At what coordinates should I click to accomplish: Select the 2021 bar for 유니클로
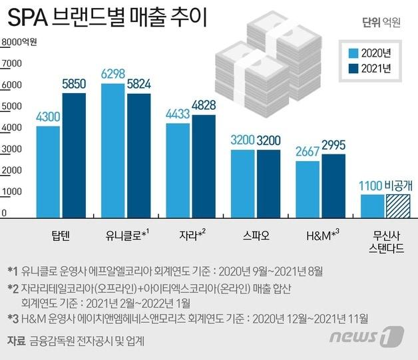(138, 156)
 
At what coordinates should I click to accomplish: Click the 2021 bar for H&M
(333, 186)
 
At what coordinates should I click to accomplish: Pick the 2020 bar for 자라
(178, 170)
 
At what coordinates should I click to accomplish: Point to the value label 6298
(113, 75)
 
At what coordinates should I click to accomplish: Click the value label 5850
(74, 85)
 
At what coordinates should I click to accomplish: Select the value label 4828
(204, 106)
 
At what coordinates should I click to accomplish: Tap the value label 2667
(308, 152)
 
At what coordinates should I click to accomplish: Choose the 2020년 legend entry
(367, 53)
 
